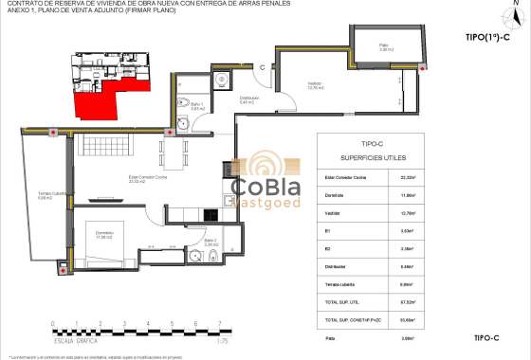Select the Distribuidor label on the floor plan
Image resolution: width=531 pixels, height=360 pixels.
(x=249, y=99)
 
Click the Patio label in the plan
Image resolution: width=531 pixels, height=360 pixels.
(x=385, y=45)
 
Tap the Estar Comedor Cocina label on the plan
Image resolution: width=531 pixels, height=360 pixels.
(x=123, y=179)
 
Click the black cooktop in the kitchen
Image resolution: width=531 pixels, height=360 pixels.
(x=229, y=169)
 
